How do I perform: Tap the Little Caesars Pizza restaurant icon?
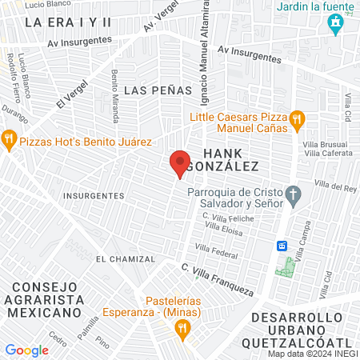point(297,120)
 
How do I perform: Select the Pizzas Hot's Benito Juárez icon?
point(10,141)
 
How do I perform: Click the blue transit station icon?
point(282,246)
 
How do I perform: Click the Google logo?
point(26,350)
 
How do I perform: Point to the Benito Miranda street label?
point(115,97)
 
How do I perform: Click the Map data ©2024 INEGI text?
point(312,354)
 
